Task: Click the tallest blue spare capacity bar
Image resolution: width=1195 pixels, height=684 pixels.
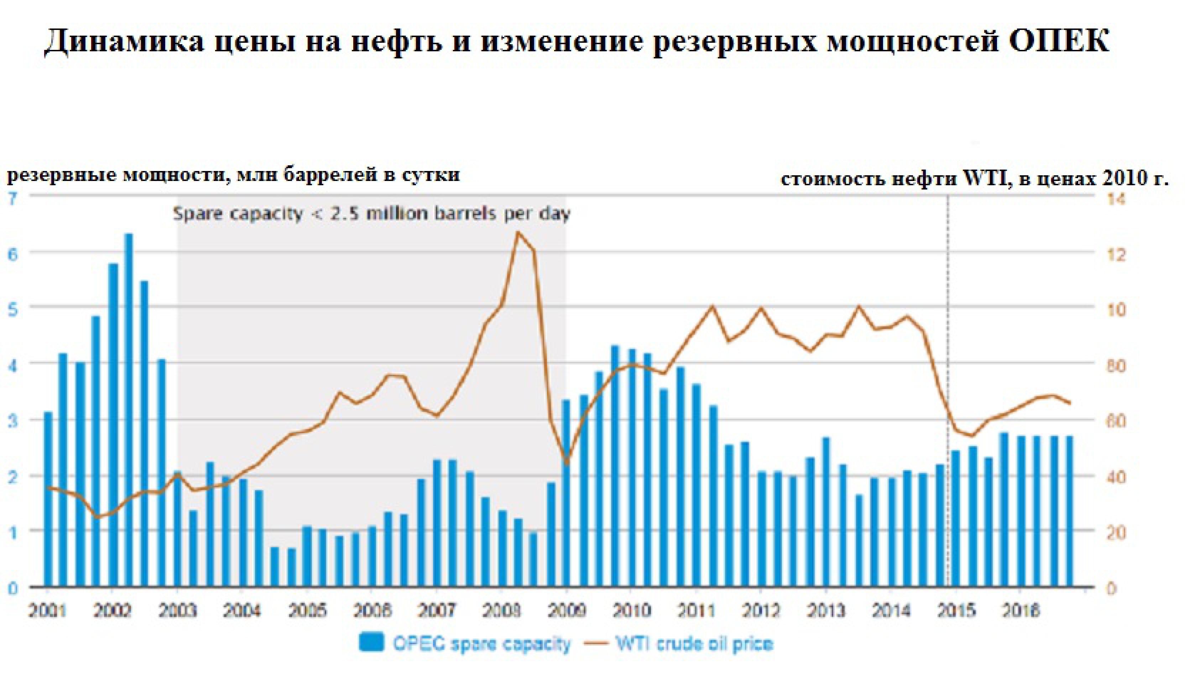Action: pyautogui.click(x=128, y=409)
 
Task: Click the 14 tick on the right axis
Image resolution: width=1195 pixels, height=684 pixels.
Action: pyautogui.click(x=1116, y=199)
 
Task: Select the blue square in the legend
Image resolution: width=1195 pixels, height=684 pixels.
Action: pyautogui.click(x=371, y=642)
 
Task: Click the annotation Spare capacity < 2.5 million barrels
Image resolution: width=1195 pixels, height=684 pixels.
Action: pyautogui.click(x=371, y=214)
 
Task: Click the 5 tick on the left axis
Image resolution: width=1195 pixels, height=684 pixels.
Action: pyautogui.click(x=13, y=310)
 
